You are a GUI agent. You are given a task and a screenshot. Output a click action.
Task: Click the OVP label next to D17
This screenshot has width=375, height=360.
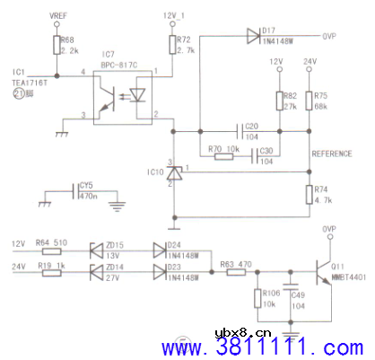coord(328,36)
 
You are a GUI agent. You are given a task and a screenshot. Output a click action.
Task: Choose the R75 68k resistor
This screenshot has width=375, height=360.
coord(310,101)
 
